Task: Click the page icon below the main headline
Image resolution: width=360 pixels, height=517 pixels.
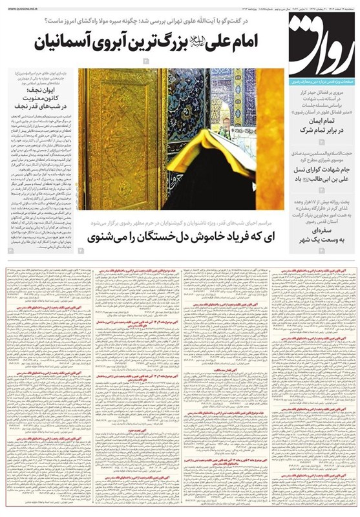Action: click(x=146, y=61)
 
